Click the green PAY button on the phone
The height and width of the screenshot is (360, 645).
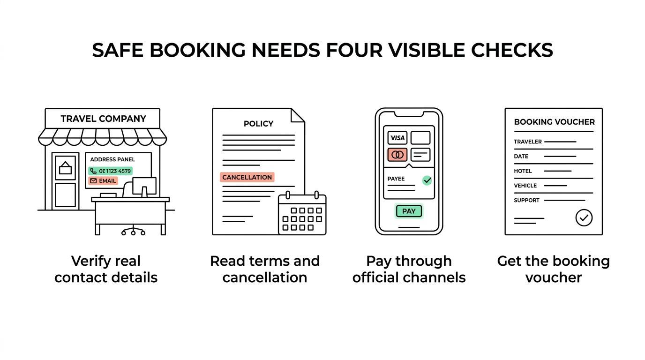click(409, 211)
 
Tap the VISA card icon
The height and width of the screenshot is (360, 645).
click(397, 138)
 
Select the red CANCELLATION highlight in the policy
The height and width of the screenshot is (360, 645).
click(247, 177)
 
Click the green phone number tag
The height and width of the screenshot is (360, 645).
click(111, 171)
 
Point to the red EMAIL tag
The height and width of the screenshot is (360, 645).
click(103, 181)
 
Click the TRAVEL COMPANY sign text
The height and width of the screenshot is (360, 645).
click(104, 119)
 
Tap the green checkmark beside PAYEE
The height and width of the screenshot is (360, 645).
click(427, 180)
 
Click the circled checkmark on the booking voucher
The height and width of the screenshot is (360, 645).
click(584, 217)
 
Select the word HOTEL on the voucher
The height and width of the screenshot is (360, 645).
click(523, 171)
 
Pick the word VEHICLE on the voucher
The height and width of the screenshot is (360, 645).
click(525, 186)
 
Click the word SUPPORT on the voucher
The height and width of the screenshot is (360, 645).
click(527, 201)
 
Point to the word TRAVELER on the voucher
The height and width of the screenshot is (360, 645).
click(528, 142)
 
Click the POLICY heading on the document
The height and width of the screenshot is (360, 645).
click(259, 124)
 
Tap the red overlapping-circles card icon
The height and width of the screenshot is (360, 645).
click(397, 155)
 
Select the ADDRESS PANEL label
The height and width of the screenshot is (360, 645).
click(112, 159)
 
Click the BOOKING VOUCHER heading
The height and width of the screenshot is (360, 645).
click(554, 122)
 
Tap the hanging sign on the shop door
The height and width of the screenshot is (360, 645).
click(65, 168)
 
